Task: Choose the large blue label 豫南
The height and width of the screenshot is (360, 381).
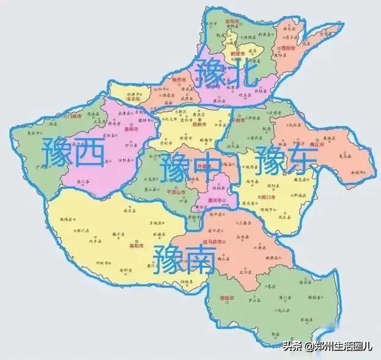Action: click(x=183, y=257)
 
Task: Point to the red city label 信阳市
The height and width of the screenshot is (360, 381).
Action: click(x=227, y=299)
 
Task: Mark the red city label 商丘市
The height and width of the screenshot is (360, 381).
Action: click(x=316, y=145)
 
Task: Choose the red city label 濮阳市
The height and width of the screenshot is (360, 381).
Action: click(x=289, y=48)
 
